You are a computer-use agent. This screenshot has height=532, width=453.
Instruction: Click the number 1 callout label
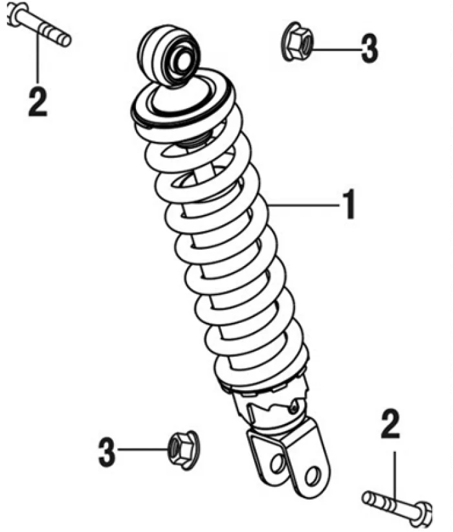pyautogui.click(x=349, y=205)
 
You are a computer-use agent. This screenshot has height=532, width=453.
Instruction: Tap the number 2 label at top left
pyautogui.click(x=38, y=102)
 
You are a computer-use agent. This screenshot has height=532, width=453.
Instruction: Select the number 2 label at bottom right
pyautogui.click(x=390, y=424)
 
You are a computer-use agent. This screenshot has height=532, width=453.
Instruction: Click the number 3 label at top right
pyautogui.click(x=369, y=49)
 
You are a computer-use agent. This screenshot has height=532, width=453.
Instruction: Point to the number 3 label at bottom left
pyautogui.click(x=107, y=452)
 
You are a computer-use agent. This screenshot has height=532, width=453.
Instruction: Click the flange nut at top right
pyautogui.click(x=297, y=42)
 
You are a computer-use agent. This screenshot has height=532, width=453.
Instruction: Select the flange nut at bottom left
pyautogui.click(x=184, y=450)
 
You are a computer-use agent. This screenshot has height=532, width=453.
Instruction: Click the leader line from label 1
pyautogui.click(x=304, y=205)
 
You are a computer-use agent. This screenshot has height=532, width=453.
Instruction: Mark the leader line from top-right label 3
pyautogui.click(x=336, y=50)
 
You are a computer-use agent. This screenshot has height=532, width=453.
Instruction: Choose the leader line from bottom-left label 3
pyautogui.click(x=143, y=450)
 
